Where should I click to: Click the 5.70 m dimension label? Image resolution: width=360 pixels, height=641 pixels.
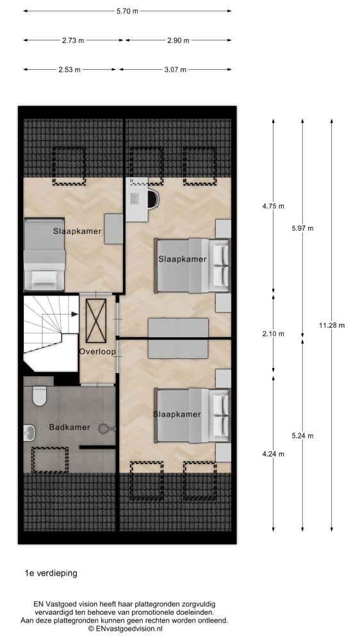pyautogui.click(x=127, y=12)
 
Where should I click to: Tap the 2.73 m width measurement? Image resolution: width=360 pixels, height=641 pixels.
pyautogui.click(x=73, y=40)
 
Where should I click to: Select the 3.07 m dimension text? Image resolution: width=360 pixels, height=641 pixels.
pyautogui.click(x=176, y=70)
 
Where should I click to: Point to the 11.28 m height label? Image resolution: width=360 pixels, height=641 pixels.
pyautogui.click(x=332, y=326)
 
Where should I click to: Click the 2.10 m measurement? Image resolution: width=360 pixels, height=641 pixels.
pyautogui.click(x=274, y=333)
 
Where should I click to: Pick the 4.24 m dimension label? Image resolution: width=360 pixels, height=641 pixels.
pyautogui.click(x=274, y=454)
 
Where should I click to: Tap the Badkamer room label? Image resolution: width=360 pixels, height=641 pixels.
pyautogui.click(x=69, y=427)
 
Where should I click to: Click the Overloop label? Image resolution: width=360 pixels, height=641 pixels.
pyautogui.click(x=97, y=351)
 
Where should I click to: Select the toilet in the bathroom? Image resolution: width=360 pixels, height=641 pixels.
pyautogui.click(x=39, y=395)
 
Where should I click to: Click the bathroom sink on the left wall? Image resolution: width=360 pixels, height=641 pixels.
pyautogui.click(x=29, y=431)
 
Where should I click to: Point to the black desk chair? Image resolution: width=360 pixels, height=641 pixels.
pyautogui.click(x=153, y=199)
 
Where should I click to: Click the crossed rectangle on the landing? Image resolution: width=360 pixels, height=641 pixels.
pyautogui.click(x=96, y=320)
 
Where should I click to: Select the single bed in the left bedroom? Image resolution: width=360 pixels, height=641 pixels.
pyautogui.click(x=45, y=254)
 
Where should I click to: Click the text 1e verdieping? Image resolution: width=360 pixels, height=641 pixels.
pyautogui.click(x=51, y=573)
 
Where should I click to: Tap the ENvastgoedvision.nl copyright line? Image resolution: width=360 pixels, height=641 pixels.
pyautogui.click(x=125, y=628)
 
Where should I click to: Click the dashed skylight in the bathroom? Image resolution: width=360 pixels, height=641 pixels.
pyautogui.click(x=50, y=460)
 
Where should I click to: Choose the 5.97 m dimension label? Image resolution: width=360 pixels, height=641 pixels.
pyautogui.click(x=302, y=229)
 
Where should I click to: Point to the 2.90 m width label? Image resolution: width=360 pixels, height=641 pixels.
pyautogui.click(x=178, y=40)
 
